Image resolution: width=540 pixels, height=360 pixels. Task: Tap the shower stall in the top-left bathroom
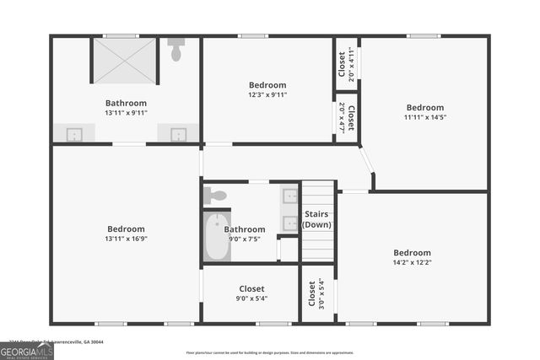coord(124,61)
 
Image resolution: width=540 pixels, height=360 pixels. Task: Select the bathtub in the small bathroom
coord(217,236)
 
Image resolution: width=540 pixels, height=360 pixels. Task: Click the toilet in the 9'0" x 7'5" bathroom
coord(216,196)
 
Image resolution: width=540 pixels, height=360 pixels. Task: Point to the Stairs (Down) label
coord(317,219)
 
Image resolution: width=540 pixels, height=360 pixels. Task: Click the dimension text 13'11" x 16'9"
coord(126,239)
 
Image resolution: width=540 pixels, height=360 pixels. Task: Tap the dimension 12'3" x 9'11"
coord(267,94)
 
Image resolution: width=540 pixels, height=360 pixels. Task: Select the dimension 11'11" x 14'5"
coord(424,117)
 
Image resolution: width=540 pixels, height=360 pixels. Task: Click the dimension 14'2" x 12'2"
coord(412,262)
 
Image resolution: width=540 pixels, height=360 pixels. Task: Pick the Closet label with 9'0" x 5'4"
coord(251,288)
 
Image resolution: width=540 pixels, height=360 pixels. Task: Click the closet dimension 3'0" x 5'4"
coord(321,293)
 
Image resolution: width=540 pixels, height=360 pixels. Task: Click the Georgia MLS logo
coord(26,350)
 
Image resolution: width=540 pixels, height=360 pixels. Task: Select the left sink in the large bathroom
coord(74,133)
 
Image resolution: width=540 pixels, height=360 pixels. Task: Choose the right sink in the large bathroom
coord(179,133)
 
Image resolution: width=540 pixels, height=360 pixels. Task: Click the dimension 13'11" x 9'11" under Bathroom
coord(127,112)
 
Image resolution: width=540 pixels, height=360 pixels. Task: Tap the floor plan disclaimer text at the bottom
coord(270,352)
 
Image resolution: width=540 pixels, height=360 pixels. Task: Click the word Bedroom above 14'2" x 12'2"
coord(412,252)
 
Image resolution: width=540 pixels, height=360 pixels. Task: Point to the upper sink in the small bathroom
coord(289,197)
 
